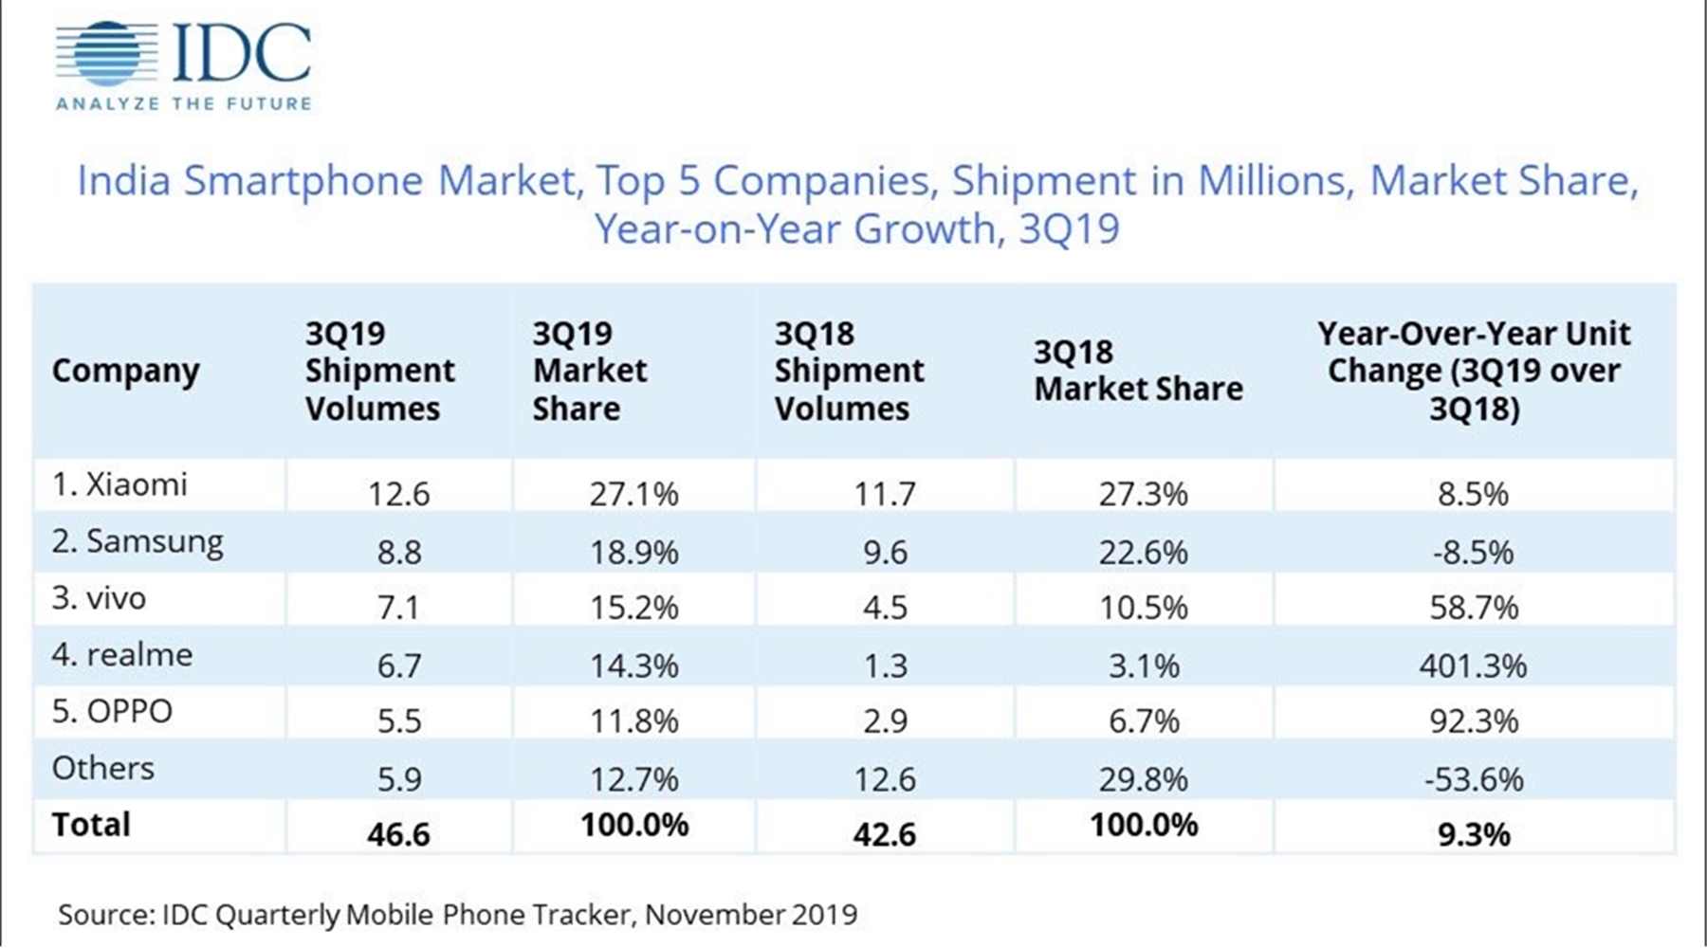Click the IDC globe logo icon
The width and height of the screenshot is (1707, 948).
pyautogui.click(x=106, y=54)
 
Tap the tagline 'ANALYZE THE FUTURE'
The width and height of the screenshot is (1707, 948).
pyautogui.click(x=184, y=103)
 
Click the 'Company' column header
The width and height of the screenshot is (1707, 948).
pyautogui.click(x=125, y=371)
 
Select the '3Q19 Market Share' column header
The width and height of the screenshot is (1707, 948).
pyautogui.click(x=589, y=371)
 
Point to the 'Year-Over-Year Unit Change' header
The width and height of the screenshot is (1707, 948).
pyautogui.click(x=1474, y=371)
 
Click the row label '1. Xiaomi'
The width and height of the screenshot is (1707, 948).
pyautogui.click(x=119, y=484)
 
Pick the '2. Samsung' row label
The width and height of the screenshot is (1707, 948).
pyautogui.click(x=138, y=541)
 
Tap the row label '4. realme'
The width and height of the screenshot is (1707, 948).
pyautogui.click(x=121, y=654)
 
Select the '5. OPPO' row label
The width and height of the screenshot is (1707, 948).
pyautogui.click(x=112, y=711)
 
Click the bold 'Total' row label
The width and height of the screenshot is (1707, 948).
pyautogui.click(x=91, y=824)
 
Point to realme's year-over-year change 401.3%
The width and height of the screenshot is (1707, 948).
pyautogui.click(x=1473, y=665)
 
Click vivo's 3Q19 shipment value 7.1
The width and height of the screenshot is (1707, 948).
pyautogui.click(x=398, y=608)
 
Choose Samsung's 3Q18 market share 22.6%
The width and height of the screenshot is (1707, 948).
pyautogui.click(x=1143, y=552)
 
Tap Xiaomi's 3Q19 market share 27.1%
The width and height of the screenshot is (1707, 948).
pyautogui.click(x=633, y=494)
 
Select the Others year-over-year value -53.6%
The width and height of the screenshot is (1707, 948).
pyautogui.click(x=1473, y=779)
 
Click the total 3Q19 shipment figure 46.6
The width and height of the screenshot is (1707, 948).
pyautogui.click(x=398, y=834)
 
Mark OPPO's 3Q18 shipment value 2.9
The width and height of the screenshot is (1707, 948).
pyautogui.click(x=885, y=721)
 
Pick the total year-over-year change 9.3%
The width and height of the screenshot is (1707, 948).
pyautogui.click(x=1473, y=834)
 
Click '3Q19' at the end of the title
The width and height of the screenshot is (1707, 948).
pyautogui.click(x=1069, y=229)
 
